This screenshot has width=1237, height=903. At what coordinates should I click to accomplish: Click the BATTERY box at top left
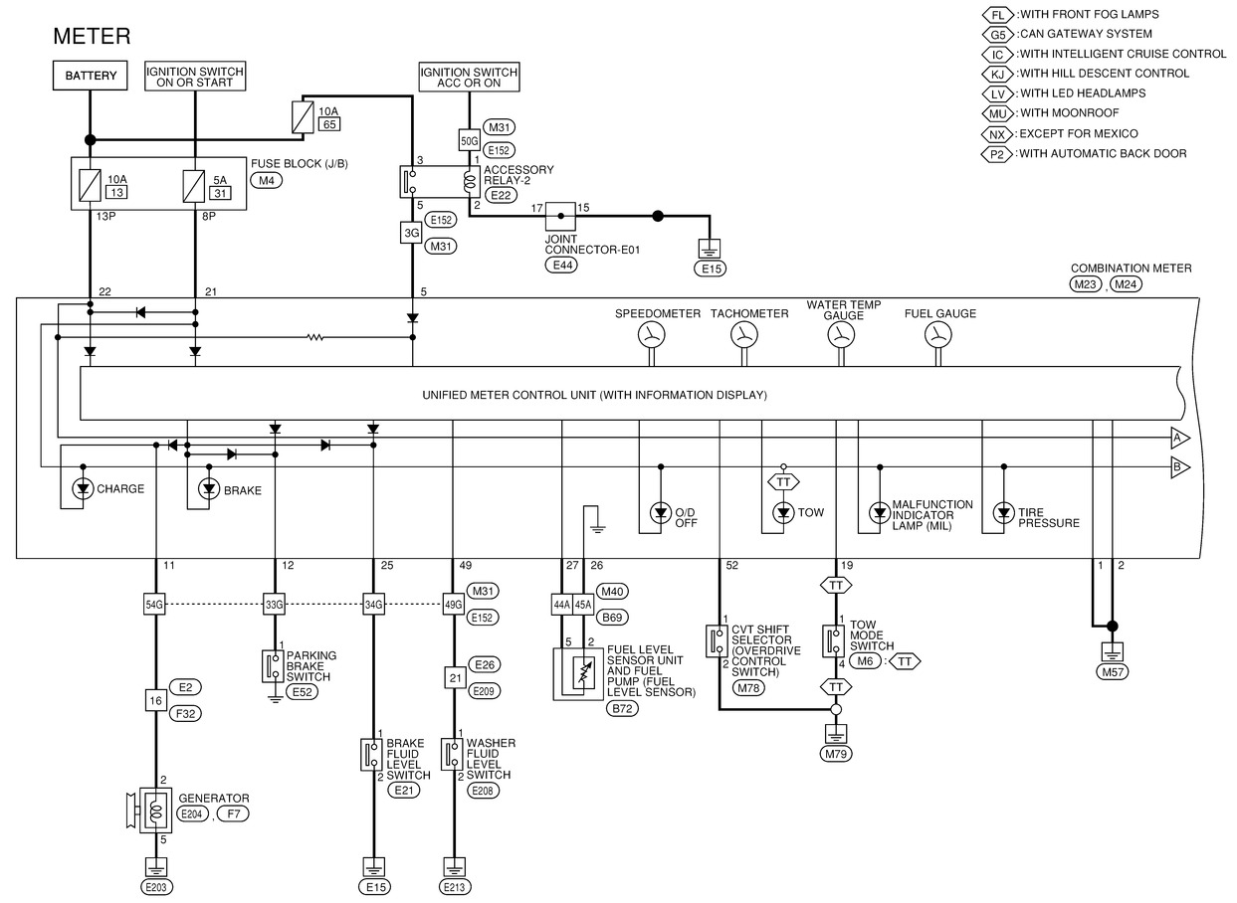click(91, 76)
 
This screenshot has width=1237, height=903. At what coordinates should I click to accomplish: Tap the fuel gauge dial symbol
click(935, 336)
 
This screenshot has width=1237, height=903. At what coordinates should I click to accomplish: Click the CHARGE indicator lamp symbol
click(82, 488)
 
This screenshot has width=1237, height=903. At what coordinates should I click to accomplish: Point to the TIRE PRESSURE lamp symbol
click(1003, 512)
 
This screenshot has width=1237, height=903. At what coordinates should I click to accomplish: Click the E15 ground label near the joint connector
click(711, 268)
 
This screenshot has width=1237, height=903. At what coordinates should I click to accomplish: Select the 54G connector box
click(154, 603)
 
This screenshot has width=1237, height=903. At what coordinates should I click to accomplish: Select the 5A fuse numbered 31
click(194, 184)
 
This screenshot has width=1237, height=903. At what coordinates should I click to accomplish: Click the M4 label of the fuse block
click(266, 180)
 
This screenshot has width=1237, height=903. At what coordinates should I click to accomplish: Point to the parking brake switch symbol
click(269, 665)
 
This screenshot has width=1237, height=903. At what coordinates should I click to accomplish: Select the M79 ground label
click(837, 753)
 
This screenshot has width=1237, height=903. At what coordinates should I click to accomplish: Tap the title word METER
click(92, 37)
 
